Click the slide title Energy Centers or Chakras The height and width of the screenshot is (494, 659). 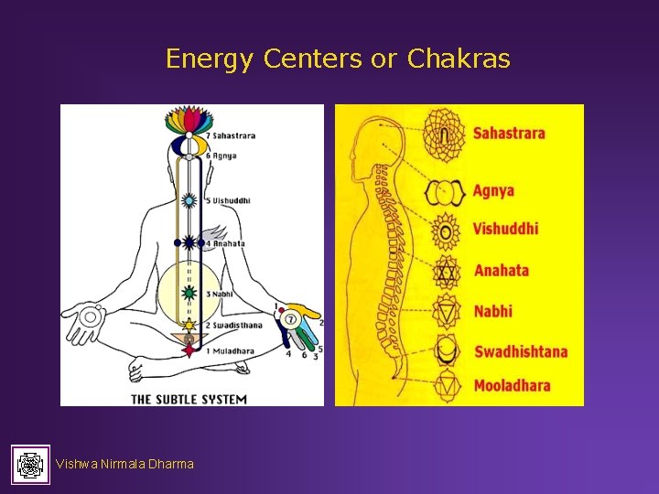click(x=338, y=59)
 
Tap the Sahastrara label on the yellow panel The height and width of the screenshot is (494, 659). click(x=509, y=134)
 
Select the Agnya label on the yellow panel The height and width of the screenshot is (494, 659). click(x=493, y=191)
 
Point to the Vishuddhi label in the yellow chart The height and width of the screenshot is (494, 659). click(x=505, y=229)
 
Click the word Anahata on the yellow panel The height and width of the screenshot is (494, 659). click(x=502, y=270)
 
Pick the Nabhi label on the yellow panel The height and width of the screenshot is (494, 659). click(x=492, y=311)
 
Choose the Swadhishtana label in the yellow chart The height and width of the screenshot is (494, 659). click(x=520, y=351)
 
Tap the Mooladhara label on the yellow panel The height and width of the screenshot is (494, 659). click(x=512, y=385)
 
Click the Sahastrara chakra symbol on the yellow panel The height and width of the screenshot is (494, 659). click(x=445, y=134)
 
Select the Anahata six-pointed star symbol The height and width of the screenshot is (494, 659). click(x=446, y=271)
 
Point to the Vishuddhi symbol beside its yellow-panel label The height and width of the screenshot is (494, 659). click(x=446, y=231)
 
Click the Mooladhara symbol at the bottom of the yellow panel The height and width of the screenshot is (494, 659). click(x=446, y=386)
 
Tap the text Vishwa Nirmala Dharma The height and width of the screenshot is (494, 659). click(x=124, y=464)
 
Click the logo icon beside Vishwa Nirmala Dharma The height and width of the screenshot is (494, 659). click(x=31, y=464)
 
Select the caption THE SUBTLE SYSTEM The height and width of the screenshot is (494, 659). click(x=189, y=399)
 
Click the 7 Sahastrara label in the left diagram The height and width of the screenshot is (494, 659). click(x=231, y=136)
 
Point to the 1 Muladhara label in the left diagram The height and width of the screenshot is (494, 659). click(x=229, y=350)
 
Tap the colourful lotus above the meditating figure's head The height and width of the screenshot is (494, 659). click(x=189, y=120)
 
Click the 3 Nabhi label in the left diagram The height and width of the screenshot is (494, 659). click(x=221, y=294)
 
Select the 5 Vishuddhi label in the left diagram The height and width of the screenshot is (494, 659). click(x=228, y=200)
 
